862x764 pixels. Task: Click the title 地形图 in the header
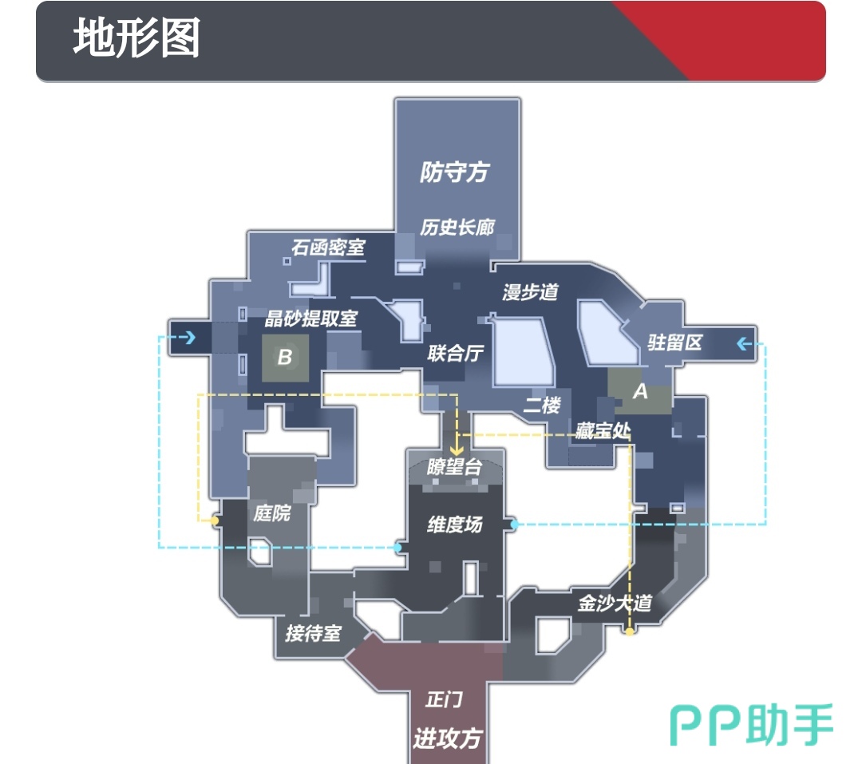[136, 38]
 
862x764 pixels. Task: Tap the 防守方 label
[454, 172]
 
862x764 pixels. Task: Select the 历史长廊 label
[457, 228]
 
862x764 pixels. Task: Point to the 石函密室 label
[327, 247]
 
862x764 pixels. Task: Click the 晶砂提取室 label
[311, 319]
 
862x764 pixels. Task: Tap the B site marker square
[284, 357]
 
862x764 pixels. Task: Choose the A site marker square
[639, 391]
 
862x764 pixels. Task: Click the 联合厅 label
[456, 353]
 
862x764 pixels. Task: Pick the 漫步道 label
[530, 292]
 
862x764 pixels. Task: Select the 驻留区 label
[674, 342]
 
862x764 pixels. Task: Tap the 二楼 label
[542, 405]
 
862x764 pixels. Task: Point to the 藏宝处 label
[603, 431]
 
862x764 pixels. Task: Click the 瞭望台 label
[454, 467]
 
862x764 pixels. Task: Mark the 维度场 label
[455, 525]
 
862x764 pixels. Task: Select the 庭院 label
[271, 513]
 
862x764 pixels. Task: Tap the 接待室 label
[313, 633]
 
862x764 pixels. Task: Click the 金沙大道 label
[615, 603]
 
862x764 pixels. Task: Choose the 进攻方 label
[447, 738]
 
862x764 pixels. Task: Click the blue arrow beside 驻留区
[744, 344]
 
